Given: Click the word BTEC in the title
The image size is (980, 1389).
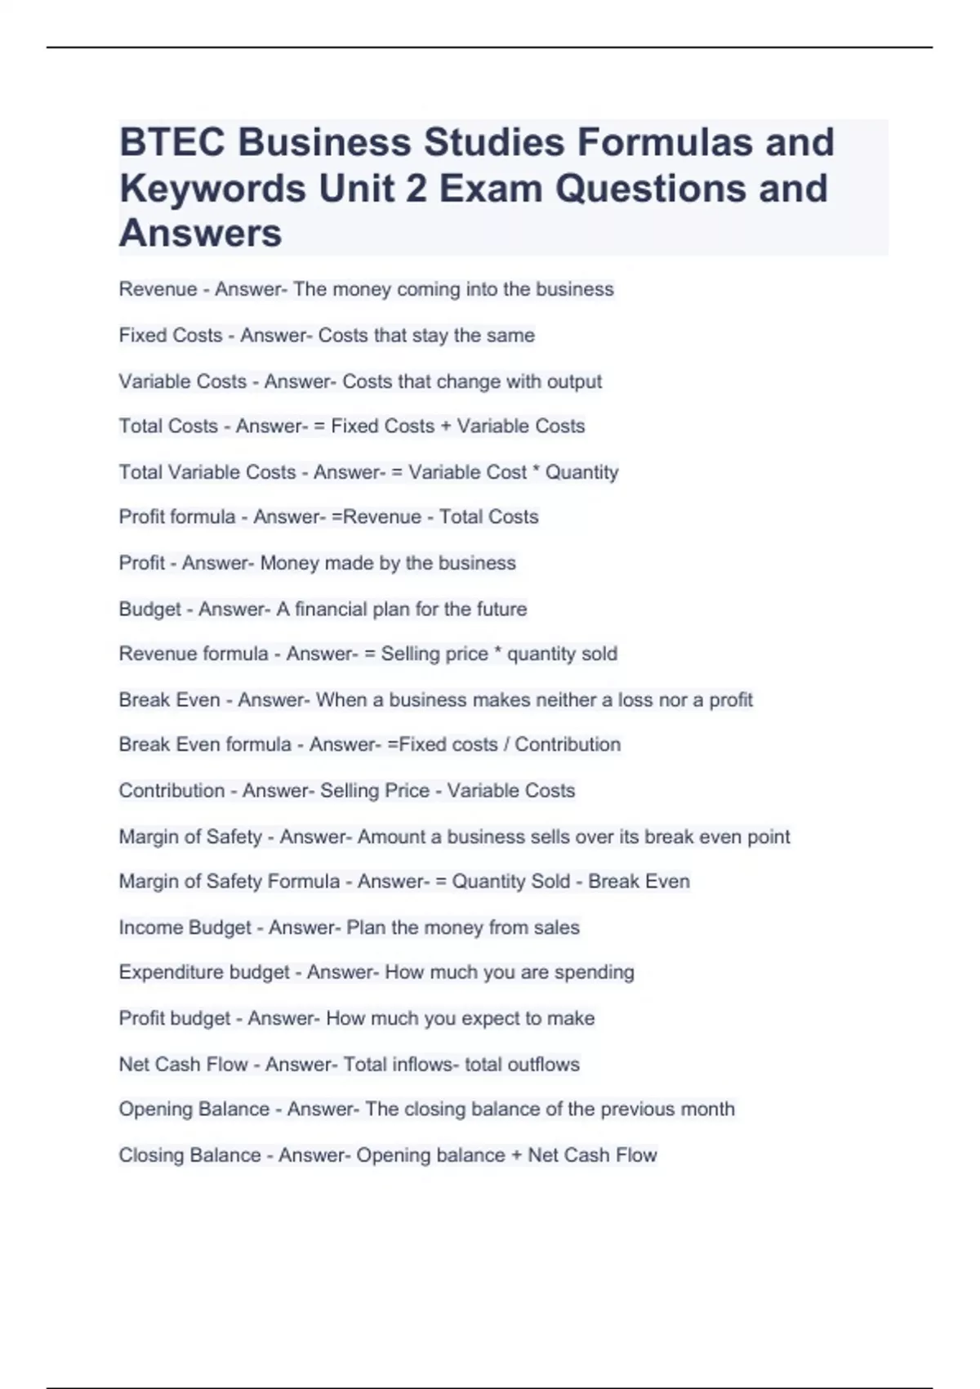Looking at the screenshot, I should tap(172, 142).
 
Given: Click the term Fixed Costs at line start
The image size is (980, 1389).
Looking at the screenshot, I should tap(171, 335).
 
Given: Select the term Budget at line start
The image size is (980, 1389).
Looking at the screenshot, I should tap(150, 610).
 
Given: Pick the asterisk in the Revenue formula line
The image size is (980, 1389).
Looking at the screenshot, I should tap(497, 653).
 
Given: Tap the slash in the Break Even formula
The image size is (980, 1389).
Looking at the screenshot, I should tap(506, 745).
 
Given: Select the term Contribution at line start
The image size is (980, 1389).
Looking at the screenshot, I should tap(171, 791).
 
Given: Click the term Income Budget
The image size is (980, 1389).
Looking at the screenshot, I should tap(185, 928).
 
